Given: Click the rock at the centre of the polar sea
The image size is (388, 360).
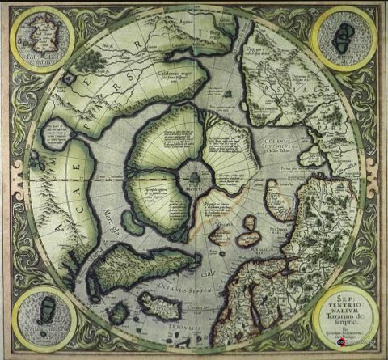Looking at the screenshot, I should click(x=194, y=172).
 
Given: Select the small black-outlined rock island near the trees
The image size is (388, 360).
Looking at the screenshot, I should click(x=71, y=78).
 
